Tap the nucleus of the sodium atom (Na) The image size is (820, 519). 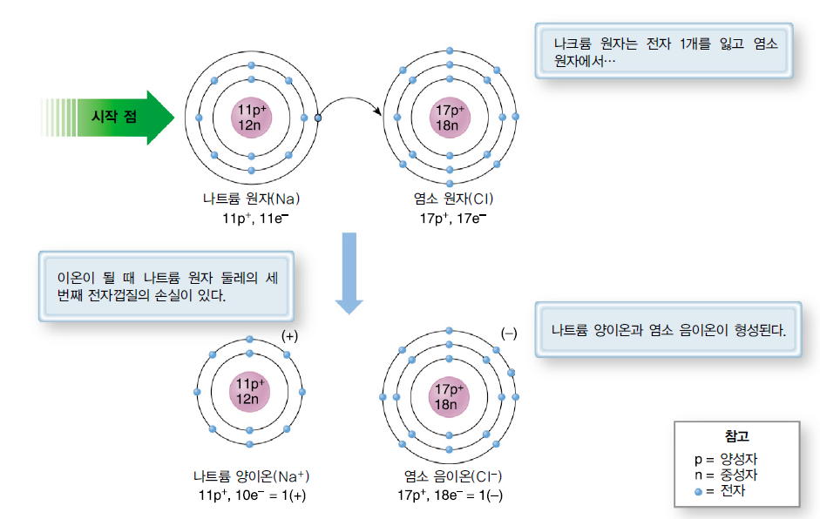[251, 117]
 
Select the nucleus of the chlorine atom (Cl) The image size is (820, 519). [449, 117]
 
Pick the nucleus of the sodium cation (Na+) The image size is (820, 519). [249, 391]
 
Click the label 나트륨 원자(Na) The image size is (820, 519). [252, 199]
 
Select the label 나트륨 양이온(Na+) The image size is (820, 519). [251, 477]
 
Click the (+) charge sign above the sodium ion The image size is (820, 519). [290, 335]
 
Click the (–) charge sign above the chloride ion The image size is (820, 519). [509, 334]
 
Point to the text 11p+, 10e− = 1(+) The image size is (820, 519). [252, 495]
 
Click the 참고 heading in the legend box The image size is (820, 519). [735, 436]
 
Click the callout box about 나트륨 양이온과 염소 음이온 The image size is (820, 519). [668, 331]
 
